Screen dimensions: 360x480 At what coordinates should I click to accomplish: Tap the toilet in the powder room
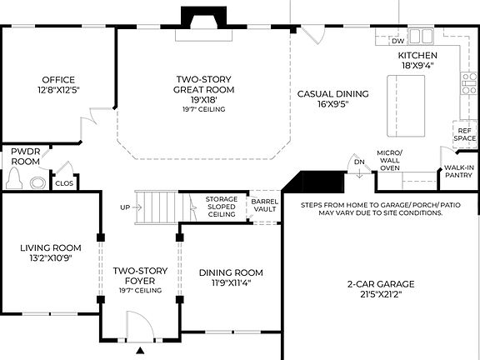coord(14,177)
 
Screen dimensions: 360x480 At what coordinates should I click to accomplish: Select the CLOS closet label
coord(63,183)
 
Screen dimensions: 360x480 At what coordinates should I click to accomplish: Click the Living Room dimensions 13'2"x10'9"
coord(51,258)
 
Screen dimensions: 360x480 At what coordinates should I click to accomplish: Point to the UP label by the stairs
coord(125,207)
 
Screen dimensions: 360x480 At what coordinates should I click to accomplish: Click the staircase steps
coord(157,207)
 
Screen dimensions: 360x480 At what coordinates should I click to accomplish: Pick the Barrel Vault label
coord(264,206)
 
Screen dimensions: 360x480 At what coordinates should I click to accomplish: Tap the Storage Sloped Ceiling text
coord(222,207)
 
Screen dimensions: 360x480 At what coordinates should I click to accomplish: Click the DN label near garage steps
coord(359,162)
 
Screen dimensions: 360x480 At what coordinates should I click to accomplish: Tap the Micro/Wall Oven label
coord(389,160)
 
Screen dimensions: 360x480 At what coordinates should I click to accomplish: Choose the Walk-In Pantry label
coord(458,172)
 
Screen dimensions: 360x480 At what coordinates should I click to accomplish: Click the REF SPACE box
coord(464,134)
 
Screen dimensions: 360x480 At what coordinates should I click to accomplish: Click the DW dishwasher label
coord(397,41)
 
